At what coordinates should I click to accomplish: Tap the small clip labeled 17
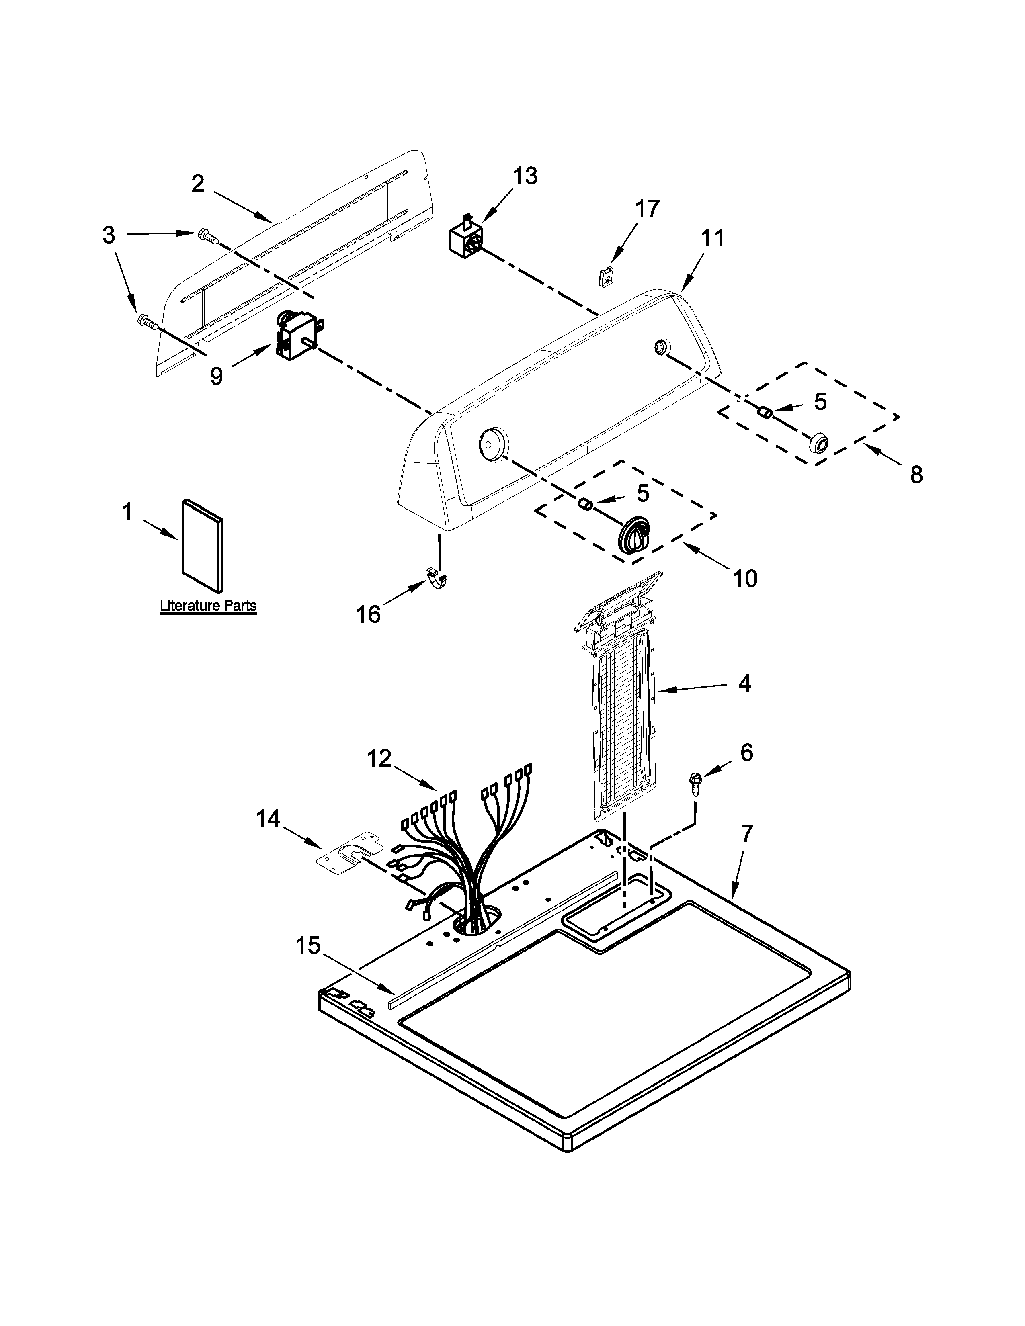pos(605,278)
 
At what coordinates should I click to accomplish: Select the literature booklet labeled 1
pos(203,546)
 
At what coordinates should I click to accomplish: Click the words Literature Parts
pos(208,605)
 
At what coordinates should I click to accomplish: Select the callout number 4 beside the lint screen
pos(744,683)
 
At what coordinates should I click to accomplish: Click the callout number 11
pos(713,238)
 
